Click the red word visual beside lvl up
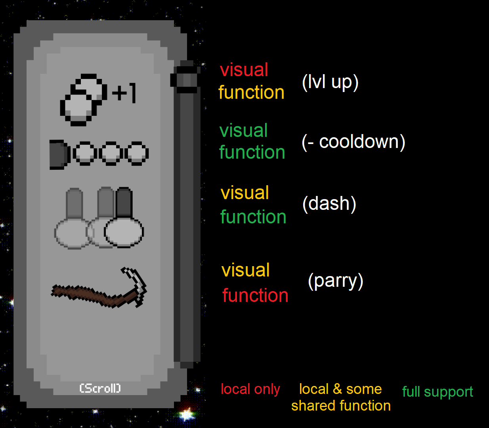pos(244,70)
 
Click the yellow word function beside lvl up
pos(251,92)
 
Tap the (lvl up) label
pos(330,82)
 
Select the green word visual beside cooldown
pos(244,131)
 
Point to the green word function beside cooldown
pos(252,152)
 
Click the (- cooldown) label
pos(353,142)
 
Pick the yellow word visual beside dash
pos(245,193)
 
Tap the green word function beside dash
pos(253,217)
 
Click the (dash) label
pos(329,204)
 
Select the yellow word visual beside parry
pos(246,271)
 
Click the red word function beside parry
pos(255,296)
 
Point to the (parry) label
pos(336,281)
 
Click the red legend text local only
pos(250,389)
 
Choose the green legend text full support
pos(437,392)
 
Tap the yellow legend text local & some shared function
pos(341,397)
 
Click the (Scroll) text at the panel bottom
pos(100,388)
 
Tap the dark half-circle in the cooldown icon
pos(59,154)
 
